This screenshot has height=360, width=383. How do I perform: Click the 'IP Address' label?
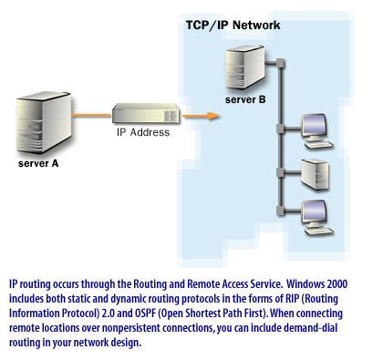click(143, 133)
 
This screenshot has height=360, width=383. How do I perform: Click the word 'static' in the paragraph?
click(76, 298)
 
